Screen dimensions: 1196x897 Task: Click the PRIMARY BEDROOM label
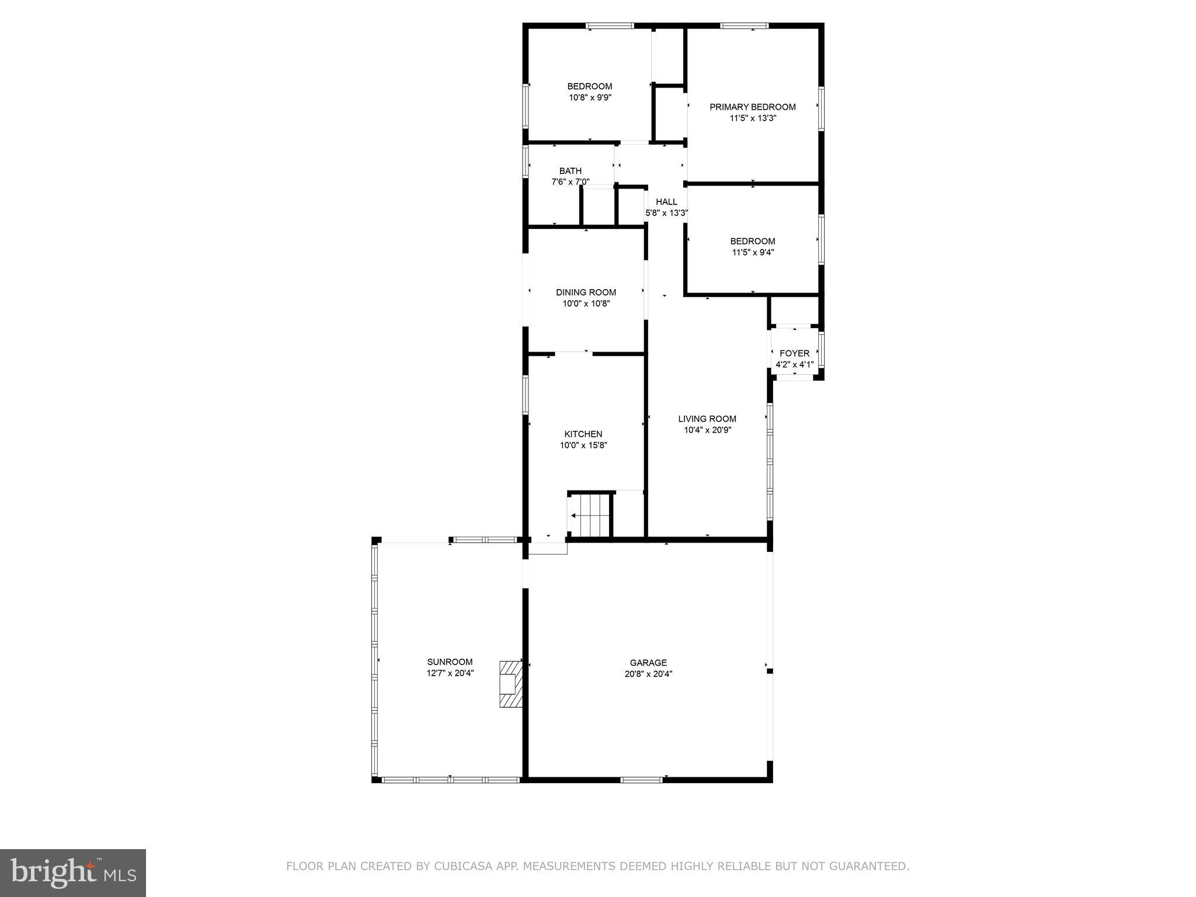(752, 107)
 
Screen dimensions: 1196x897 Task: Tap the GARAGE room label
(648, 663)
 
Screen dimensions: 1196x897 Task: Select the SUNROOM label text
(450, 662)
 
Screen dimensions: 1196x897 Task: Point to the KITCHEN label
(583, 434)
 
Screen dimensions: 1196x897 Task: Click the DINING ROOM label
(586, 293)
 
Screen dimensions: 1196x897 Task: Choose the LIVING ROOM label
(707, 419)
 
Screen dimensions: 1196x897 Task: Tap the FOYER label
(794, 353)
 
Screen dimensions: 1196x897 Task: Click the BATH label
(571, 171)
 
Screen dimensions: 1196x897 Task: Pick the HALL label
(666, 202)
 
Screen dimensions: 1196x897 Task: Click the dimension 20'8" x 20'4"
(648, 674)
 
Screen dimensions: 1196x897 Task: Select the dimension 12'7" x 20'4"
(450, 673)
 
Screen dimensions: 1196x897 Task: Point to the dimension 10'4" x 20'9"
(707, 430)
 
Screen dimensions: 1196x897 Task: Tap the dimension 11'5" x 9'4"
(753, 252)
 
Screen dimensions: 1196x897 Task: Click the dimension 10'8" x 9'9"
(590, 98)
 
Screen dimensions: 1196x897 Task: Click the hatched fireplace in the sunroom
(511, 684)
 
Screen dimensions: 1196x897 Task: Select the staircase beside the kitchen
(590, 515)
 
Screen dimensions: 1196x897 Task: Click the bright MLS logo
(73, 872)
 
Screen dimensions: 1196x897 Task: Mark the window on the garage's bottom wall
(641, 779)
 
